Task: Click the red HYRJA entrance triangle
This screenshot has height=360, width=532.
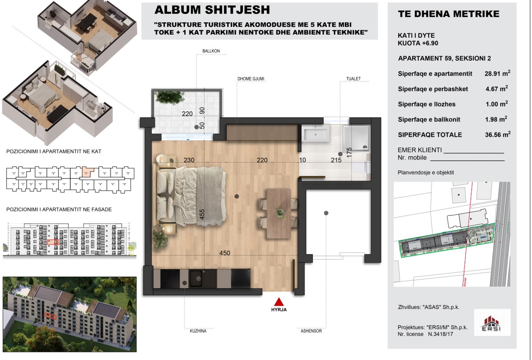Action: (279, 302)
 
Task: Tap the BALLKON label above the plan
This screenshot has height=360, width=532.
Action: (211, 51)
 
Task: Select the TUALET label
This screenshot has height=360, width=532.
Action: (353, 79)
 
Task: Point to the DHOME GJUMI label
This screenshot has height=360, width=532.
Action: (251, 79)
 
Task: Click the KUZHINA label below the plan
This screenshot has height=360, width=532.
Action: (198, 331)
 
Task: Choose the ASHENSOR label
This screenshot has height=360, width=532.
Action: (311, 331)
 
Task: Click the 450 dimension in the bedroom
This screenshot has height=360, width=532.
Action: (225, 253)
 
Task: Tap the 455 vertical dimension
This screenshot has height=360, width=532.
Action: (202, 214)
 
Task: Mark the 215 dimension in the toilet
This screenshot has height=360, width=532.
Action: (336, 160)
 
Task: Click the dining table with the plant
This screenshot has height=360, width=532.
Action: (279, 213)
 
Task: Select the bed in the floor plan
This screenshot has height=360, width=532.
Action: (191, 196)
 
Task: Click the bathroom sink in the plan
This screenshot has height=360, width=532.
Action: (315, 134)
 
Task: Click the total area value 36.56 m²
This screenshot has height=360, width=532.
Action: (497, 134)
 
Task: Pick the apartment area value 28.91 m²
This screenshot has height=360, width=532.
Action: (497, 73)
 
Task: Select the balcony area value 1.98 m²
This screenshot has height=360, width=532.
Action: (496, 119)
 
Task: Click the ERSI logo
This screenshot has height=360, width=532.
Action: (492, 323)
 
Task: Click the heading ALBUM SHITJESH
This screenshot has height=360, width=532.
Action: (212, 10)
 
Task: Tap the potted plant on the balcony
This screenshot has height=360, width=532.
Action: (167, 97)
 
